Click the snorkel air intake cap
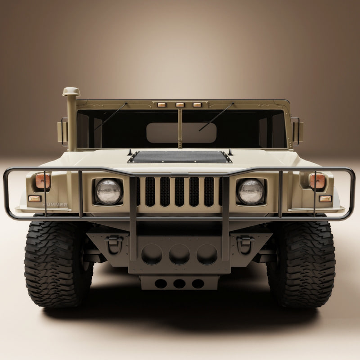coord(71,92)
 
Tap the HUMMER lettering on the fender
coord(55,204)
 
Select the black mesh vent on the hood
coord(180,157)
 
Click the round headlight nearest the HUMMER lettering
coord(108,191)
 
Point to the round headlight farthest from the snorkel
coord(251,191)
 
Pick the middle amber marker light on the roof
coord(180,105)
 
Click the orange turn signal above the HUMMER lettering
coord(43,181)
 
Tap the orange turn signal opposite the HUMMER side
coord(317,181)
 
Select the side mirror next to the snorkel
coord(63,131)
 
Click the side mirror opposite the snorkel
coord(297,131)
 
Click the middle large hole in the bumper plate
coord(179,254)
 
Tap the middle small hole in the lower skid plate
coord(179,283)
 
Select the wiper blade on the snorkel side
coord(110,116)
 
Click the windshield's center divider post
coord(180,128)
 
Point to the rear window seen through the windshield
coord(181,133)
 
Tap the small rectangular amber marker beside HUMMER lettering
coord(35,198)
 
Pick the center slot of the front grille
coord(179,192)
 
